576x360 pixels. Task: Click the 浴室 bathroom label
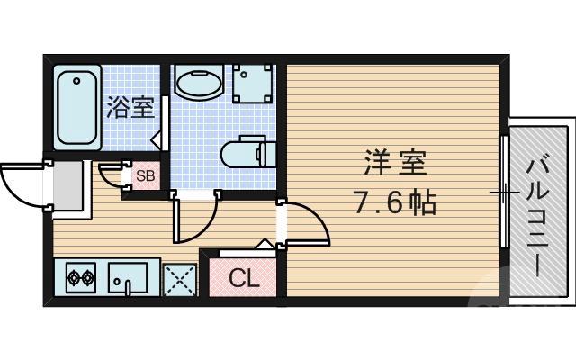point(130,107)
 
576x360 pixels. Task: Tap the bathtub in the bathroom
point(76,107)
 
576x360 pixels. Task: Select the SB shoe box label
point(145,175)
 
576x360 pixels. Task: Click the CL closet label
point(242,278)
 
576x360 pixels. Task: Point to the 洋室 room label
point(394,165)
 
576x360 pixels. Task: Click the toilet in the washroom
point(243,151)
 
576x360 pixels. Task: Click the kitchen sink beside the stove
point(131,278)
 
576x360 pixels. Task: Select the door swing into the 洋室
point(306,225)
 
